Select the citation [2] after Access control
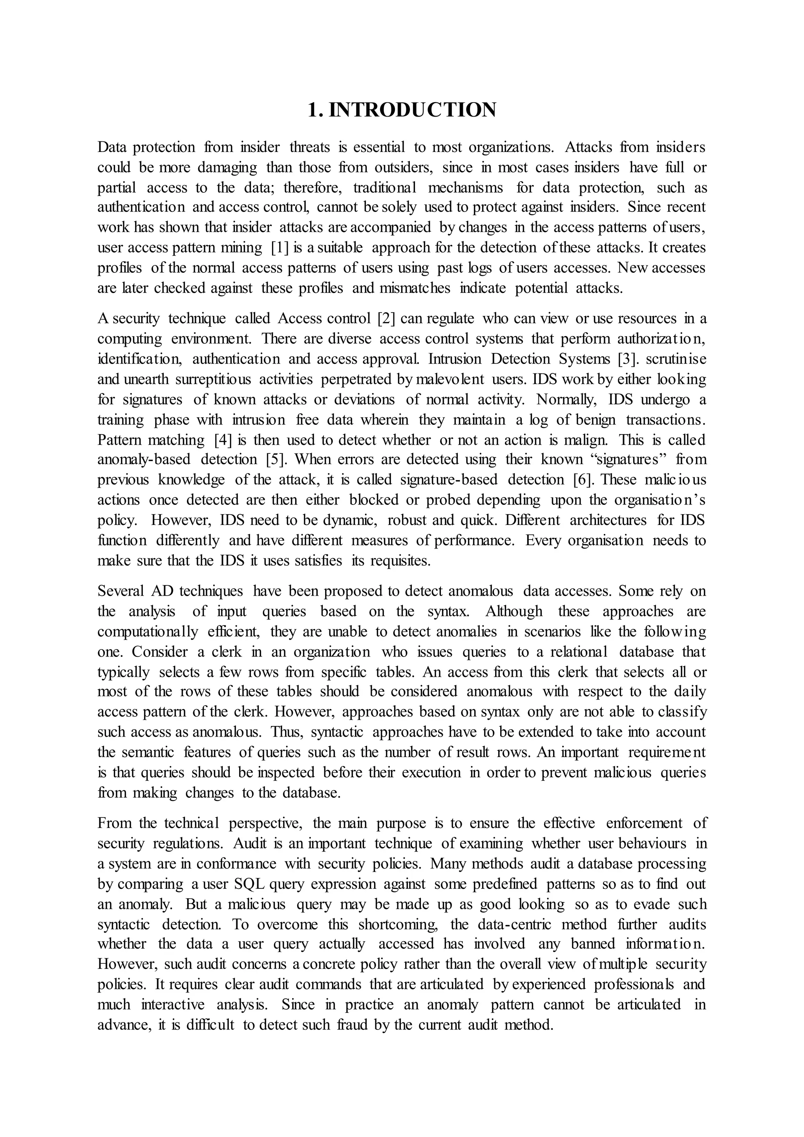click(386, 318)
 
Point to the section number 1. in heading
click(315, 110)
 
